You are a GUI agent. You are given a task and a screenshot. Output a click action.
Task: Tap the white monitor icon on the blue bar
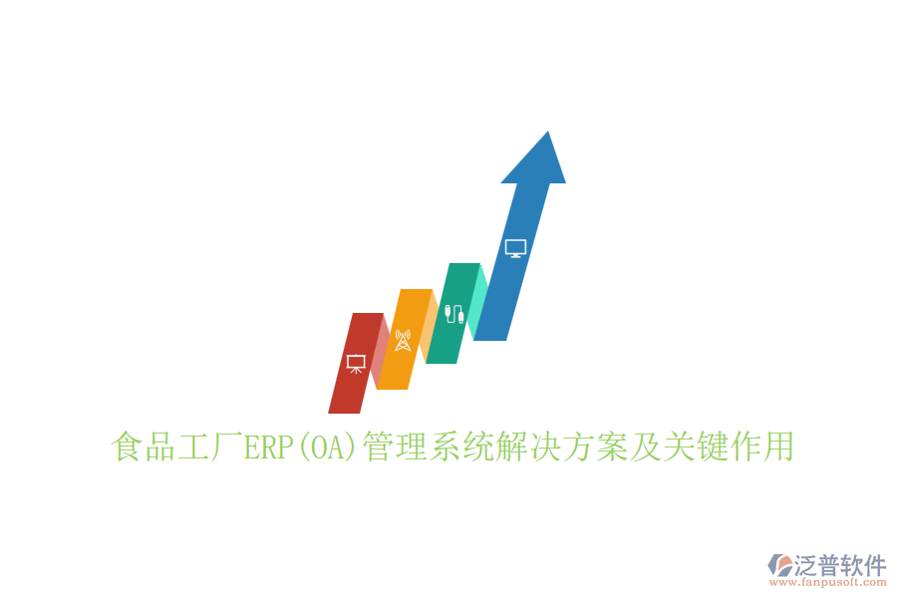tap(515, 248)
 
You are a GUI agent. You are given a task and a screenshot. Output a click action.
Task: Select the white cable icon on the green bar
tap(454, 313)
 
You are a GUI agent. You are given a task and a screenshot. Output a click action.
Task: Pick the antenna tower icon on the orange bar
tap(403, 340)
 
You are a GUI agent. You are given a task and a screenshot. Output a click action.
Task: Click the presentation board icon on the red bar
tap(355, 364)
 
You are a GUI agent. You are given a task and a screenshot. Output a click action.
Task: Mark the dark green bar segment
tap(447, 339)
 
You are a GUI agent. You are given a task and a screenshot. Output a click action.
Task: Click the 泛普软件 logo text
tap(840, 566)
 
